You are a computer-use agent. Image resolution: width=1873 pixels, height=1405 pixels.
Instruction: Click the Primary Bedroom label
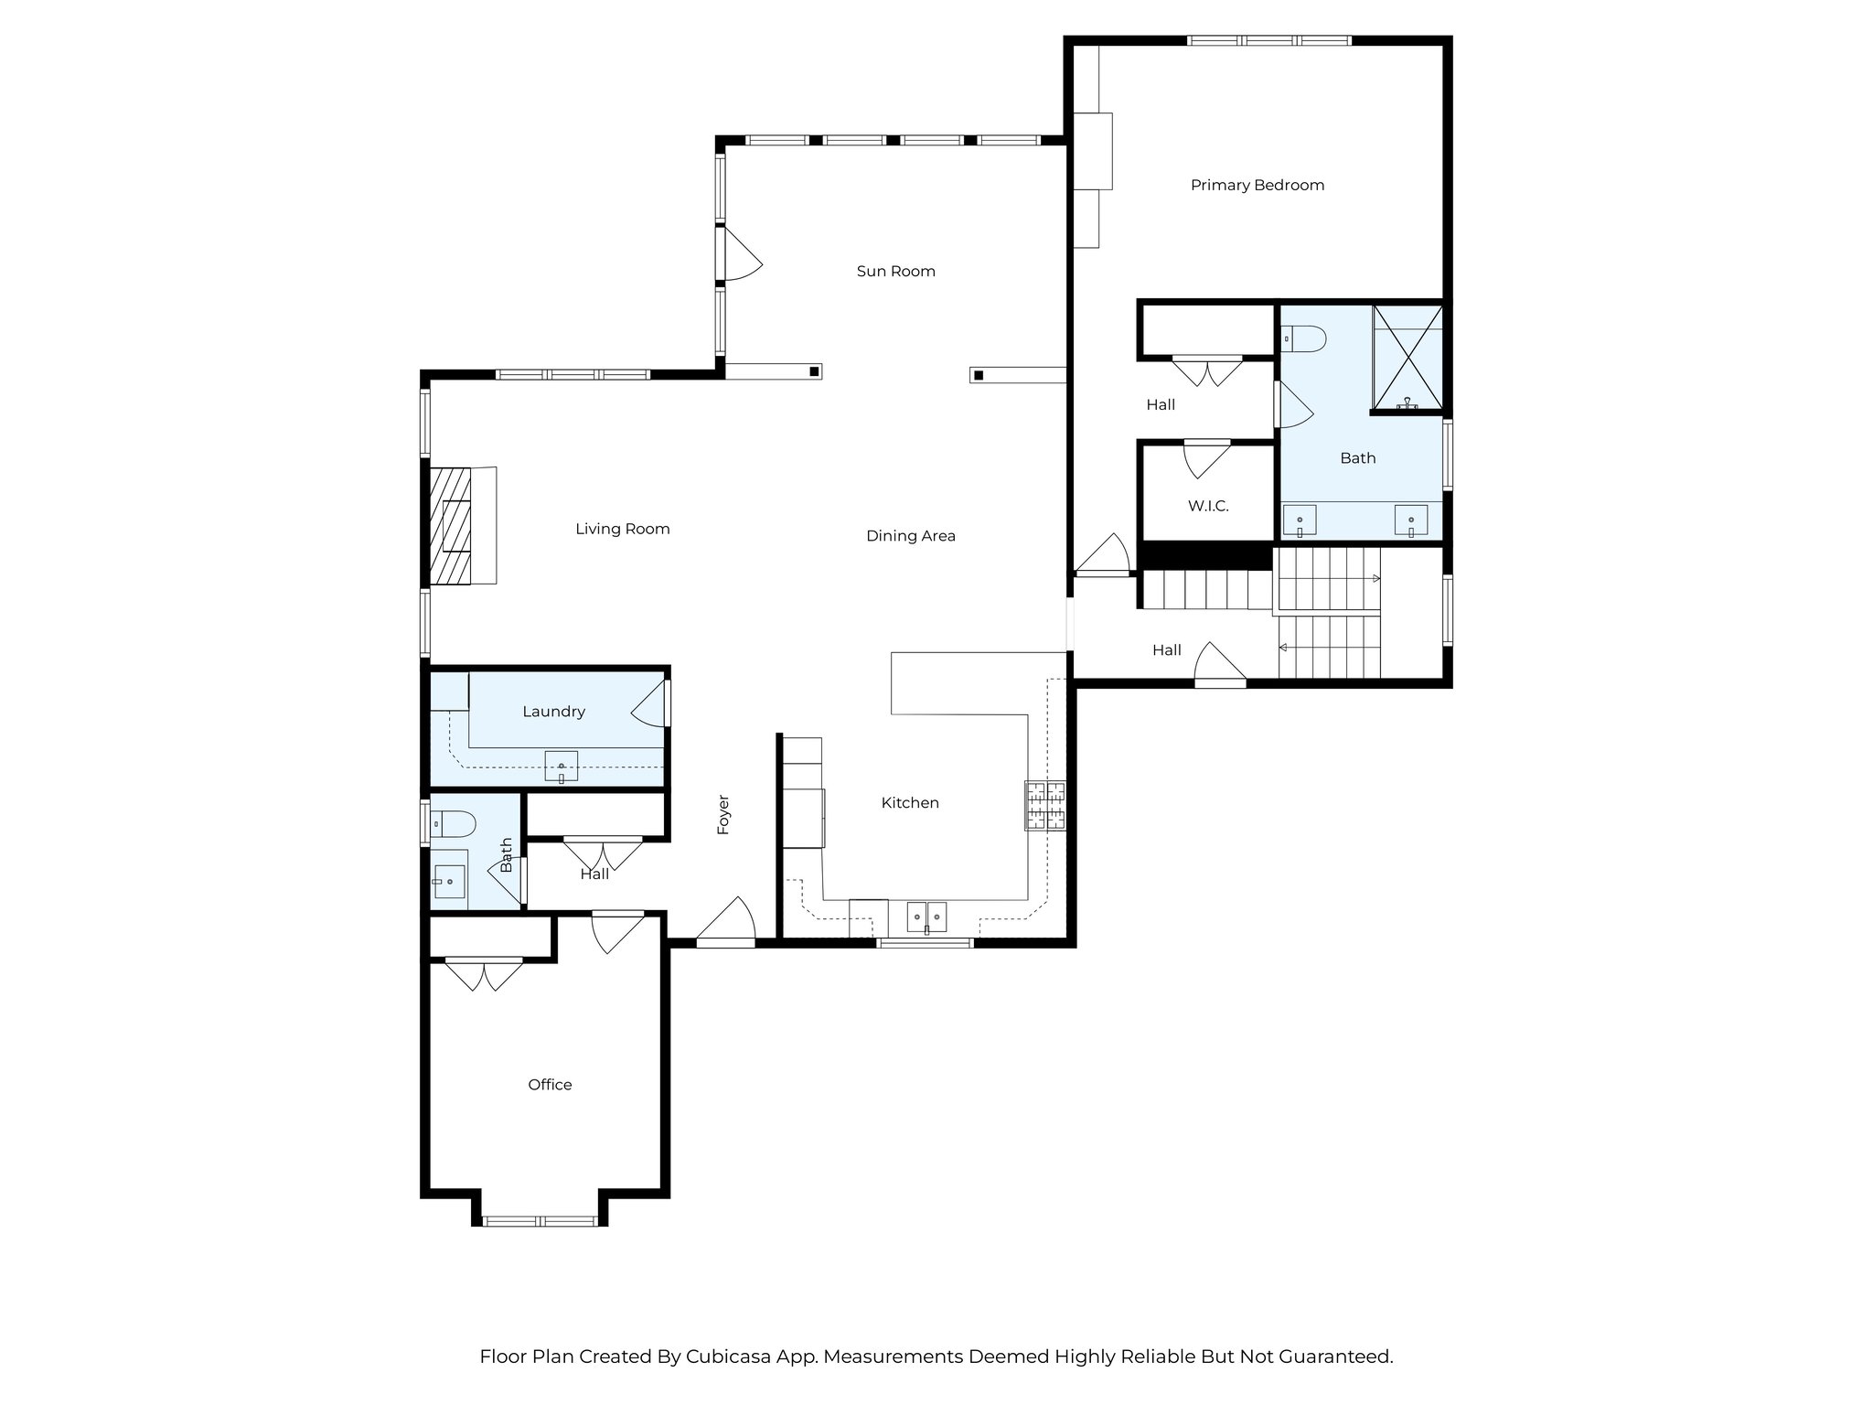tap(1257, 185)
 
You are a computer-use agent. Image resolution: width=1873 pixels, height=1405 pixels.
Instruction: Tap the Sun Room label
tap(895, 271)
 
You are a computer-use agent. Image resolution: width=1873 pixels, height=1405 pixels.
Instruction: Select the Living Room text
tap(622, 529)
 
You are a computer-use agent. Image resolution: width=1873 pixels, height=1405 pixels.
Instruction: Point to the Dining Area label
tap(910, 536)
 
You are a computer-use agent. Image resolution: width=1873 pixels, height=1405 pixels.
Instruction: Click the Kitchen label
tap(909, 803)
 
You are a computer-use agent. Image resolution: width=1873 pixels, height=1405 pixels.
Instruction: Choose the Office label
tap(550, 1085)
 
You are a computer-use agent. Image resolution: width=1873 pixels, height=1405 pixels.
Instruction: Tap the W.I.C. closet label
tap(1207, 506)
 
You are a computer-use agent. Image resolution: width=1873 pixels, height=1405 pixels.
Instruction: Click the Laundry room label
tap(553, 712)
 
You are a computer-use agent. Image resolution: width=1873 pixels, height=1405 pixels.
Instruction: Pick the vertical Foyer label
tap(723, 814)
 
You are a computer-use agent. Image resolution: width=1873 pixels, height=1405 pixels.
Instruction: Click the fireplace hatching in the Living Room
tap(451, 526)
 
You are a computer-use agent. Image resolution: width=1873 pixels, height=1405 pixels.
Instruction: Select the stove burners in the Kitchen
tap(1044, 806)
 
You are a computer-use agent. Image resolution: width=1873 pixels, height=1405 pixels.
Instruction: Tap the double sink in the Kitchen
tap(926, 916)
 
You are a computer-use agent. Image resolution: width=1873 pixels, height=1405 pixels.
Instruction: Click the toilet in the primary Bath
tap(1303, 339)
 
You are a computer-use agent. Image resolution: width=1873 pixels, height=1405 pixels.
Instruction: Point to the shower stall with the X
tap(1407, 358)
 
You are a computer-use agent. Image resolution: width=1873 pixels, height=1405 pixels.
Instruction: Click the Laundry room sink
tap(561, 766)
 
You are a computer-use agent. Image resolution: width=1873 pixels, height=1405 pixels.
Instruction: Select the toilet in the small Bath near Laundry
tap(454, 824)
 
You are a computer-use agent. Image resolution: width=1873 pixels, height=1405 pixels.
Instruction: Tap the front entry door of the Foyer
tap(725, 919)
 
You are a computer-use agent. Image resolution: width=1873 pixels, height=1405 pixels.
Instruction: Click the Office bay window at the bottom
tap(540, 1221)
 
